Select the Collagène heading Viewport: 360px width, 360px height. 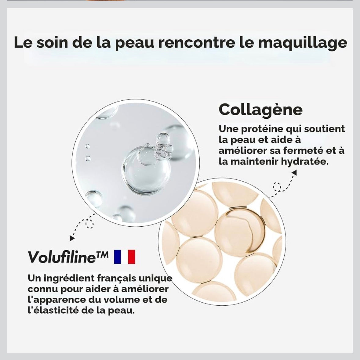point(260,110)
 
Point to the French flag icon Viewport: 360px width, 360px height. point(125,257)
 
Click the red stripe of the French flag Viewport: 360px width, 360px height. point(132,257)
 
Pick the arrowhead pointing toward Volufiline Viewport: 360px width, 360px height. point(72,238)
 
